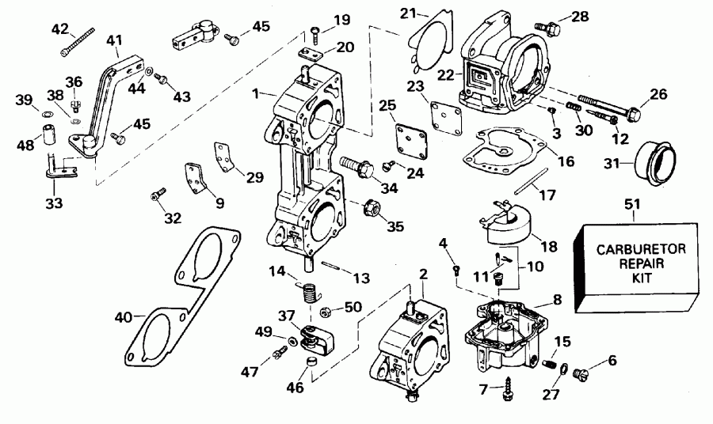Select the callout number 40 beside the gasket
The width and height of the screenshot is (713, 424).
123,318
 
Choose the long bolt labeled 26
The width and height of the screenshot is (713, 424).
610,110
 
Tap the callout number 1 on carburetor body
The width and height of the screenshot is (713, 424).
256,95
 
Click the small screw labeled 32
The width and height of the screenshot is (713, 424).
158,192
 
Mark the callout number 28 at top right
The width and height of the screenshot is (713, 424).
581,16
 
